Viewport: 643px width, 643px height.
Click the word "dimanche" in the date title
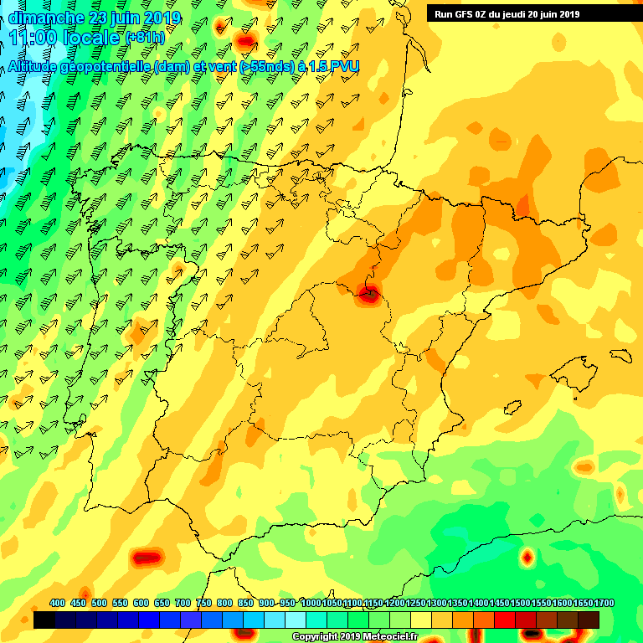tap(42, 18)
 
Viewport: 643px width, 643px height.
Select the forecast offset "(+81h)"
tap(145, 38)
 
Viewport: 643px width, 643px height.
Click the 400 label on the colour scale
tap(57, 603)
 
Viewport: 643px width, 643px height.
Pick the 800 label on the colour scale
tap(224, 603)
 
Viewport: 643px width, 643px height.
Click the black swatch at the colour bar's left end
tap(44, 620)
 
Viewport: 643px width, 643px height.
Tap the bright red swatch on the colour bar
tap(505, 620)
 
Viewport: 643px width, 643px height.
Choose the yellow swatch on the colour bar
tap(421, 620)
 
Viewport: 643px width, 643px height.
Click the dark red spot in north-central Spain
tap(368, 292)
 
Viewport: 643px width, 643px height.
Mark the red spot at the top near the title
tap(245, 40)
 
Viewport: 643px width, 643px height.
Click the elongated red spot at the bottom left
tap(147, 557)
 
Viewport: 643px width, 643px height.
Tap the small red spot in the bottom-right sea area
tap(527, 556)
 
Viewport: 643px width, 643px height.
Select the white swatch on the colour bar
tap(296, 620)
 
